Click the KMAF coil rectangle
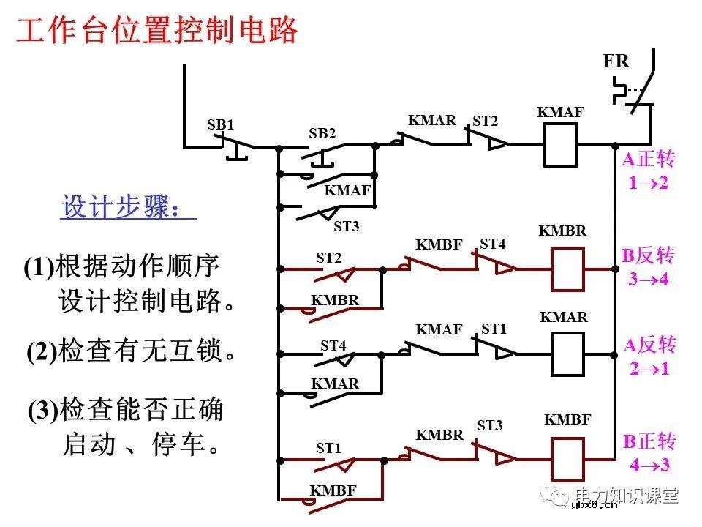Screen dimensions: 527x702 [561, 145]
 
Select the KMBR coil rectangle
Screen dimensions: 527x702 [567, 269]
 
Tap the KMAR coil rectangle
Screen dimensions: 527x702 [567, 354]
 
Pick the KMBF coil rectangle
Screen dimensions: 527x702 [567, 459]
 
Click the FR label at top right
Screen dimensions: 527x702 [616, 61]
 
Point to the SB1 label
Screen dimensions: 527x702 [220, 125]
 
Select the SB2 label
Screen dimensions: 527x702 [322, 134]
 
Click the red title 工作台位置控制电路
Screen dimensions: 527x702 [157, 31]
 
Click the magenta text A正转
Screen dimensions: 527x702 [649, 160]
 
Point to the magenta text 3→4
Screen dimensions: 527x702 [649, 279]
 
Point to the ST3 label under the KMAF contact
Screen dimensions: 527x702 [346, 227]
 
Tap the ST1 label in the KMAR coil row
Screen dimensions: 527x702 [494, 329]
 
